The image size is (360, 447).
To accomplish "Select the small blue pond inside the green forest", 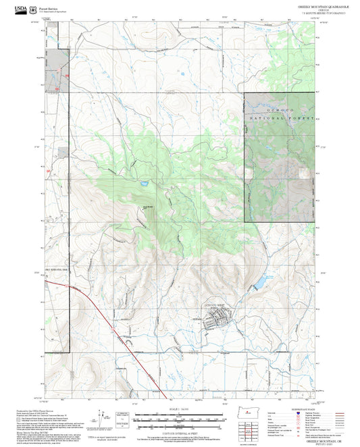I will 144,183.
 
